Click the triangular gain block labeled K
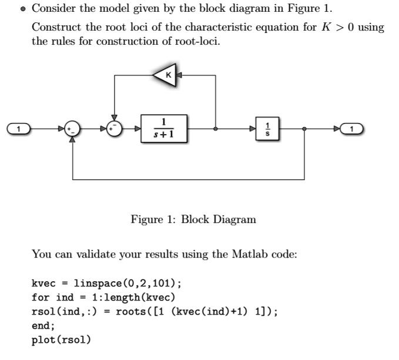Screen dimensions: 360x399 (x=167, y=75)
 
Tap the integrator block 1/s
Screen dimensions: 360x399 (x=268, y=129)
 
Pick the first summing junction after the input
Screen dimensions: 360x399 (x=73, y=129)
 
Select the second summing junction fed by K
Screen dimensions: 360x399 (x=115, y=129)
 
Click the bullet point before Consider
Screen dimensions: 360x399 (x=22, y=9)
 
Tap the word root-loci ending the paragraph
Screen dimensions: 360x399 (x=200, y=42)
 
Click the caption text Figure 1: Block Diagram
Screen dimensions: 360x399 (x=193, y=219)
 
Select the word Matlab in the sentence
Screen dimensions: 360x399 (x=252, y=254)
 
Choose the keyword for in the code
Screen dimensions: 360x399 (x=39, y=297)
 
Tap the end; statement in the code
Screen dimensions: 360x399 (x=42, y=325)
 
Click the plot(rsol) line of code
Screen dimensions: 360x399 (x=61, y=339)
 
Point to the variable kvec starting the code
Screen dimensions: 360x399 (x=42, y=284)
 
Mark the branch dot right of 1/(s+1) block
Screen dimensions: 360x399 (x=216, y=129)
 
